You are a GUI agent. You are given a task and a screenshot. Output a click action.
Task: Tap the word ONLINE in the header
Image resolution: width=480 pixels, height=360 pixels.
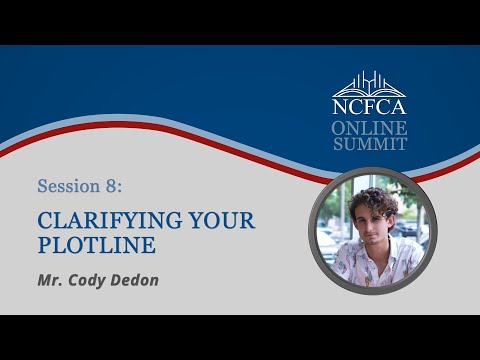(x=370, y=128)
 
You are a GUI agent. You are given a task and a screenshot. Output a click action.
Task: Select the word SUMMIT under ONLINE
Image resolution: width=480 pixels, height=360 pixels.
(x=370, y=144)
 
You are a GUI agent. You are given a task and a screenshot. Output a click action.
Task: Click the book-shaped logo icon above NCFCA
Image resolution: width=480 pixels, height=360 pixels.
(x=370, y=83)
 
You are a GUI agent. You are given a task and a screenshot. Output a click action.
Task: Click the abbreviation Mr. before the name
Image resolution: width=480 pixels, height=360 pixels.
(x=51, y=280)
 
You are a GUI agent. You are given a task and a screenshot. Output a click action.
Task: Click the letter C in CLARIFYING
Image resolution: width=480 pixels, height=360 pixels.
(x=44, y=219)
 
